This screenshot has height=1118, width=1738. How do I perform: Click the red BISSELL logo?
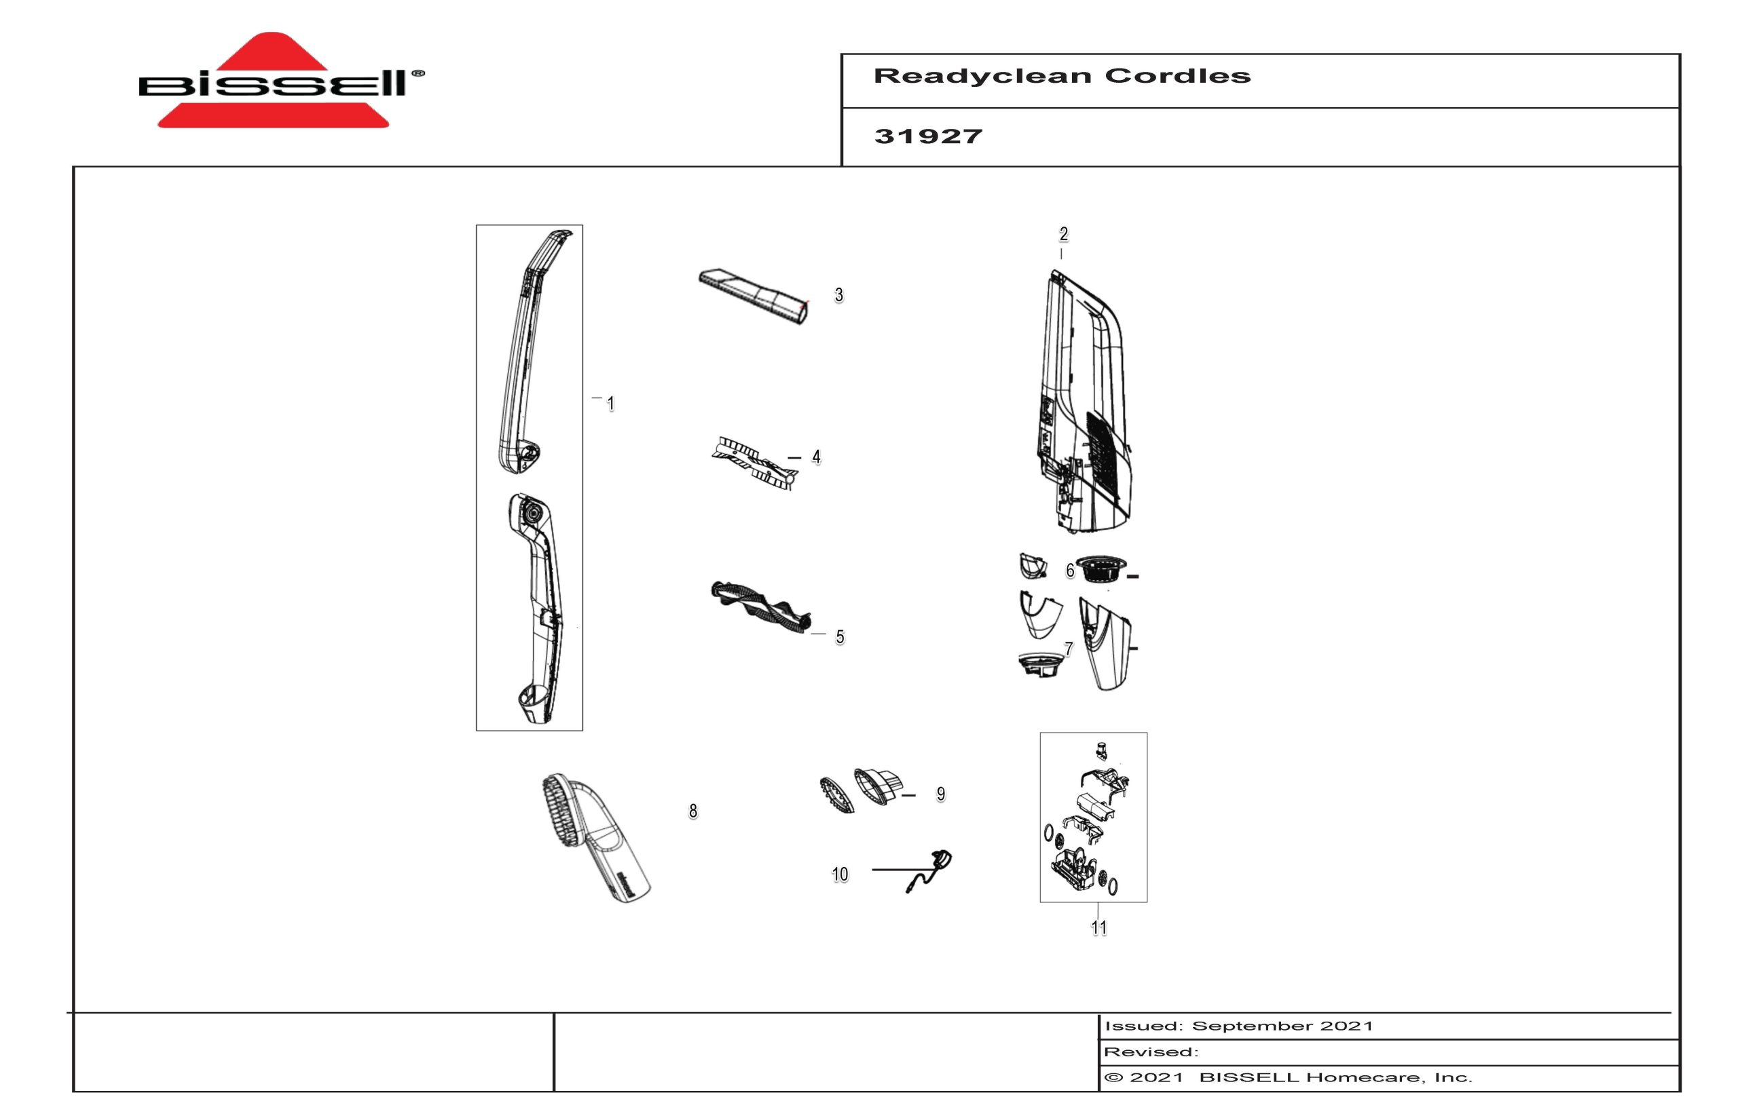(280, 81)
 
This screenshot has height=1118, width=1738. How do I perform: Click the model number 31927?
(928, 136)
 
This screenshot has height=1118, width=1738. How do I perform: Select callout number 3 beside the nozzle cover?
(839, 294)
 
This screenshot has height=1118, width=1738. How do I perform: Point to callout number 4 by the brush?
(816, 457)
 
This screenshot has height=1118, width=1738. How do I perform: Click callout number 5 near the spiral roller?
(840, 637)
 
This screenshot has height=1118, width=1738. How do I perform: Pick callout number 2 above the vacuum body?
(1063, 234)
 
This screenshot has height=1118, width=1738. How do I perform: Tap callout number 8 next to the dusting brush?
(693, 811)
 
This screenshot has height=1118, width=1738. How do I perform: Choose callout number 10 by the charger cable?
(840, 874)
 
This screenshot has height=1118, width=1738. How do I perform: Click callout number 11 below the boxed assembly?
(1099, 927)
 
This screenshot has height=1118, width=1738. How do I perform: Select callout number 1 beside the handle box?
(611, 404)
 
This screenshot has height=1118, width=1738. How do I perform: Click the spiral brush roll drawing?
(760, 609)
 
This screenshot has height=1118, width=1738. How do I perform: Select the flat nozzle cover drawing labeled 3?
(754, 297)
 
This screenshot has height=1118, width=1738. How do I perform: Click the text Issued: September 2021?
(1238, 1026)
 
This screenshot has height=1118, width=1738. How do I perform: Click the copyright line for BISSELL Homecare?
(1288, 1077)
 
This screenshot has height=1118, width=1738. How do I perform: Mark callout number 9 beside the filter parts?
(940, 794)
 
